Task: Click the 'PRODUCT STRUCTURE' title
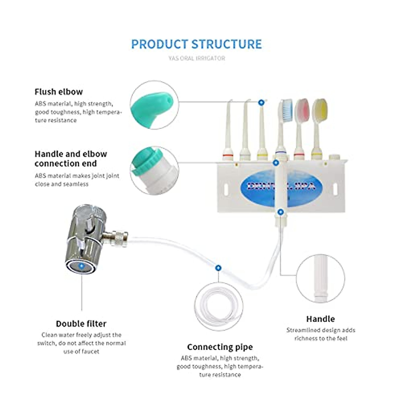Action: pyautogui.click(x=196, y=44)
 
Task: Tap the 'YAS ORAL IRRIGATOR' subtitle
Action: pyautogui.click(x=197, y=58)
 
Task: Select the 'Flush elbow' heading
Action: pyautogui.click(x=59, y=92)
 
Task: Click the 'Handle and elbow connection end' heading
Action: pyautogui.click(x=71, y=159)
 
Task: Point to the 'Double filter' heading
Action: pyautogui.click(x=81, y=324)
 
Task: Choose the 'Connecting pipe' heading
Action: pyautogui.click(x=220, y=347)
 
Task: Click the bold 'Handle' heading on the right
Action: pyautogui.click(x=320, y=319)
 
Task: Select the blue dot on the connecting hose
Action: pyautogui.click(x=218, y=268)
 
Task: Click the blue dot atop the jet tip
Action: pyautogui.click(x=261, y=102)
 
